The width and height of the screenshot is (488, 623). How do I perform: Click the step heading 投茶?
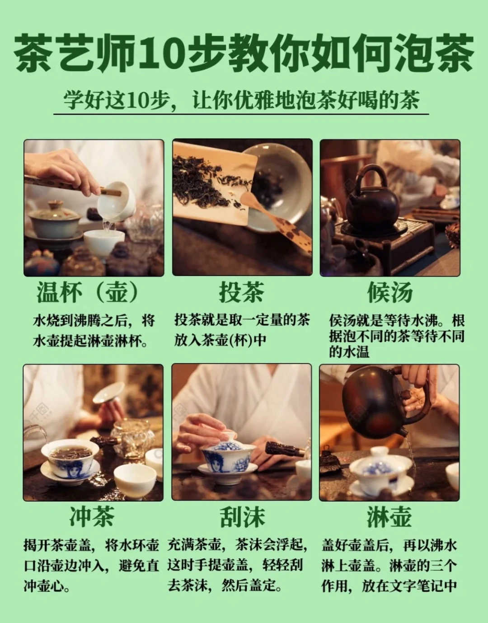point(241,292)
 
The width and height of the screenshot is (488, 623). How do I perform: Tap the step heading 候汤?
point(389,292)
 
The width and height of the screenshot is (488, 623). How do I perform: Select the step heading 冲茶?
point(92,516)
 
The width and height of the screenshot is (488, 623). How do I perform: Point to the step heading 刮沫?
point(242,516)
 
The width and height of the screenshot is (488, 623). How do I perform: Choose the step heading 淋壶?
point(389,516)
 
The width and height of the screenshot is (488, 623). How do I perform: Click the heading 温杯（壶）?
point(89,292)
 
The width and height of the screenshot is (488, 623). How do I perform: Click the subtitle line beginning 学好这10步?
point(241,100)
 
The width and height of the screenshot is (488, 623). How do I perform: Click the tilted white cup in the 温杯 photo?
point(117,201)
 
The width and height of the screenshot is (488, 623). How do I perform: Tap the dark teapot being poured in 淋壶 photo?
point(373,402)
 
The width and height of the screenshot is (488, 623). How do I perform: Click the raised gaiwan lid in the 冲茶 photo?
point(108,393)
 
